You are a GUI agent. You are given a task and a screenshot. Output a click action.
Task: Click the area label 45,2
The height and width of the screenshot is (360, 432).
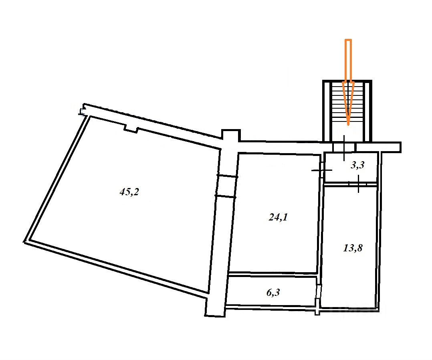click(129, 192)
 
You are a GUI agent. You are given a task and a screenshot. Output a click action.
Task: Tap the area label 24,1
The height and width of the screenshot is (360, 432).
click(278, 218)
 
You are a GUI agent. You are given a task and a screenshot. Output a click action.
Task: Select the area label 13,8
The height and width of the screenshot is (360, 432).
click(353, 248)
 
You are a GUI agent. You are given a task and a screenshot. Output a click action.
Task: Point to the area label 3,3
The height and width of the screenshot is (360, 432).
click(357, 165)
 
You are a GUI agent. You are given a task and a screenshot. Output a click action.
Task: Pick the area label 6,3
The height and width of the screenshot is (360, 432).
click(273, 292)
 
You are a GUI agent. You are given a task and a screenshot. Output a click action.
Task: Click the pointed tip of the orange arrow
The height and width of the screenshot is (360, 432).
click(348, 125)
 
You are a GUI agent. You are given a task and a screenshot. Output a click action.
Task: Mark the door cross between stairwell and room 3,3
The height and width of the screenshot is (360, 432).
click(344, 148)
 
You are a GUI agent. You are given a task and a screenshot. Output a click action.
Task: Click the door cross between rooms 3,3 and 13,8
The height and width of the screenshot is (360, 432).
click(358, 184)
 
